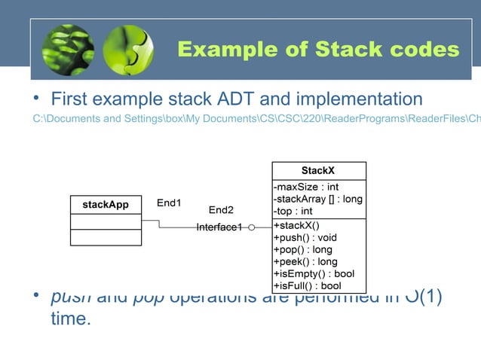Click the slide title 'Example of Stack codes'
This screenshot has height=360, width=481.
pyautogui.click(x=317, y=50)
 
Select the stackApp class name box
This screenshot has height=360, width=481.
pyautogui.click(x=106, y=205)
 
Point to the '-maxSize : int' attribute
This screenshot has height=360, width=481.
pyautogui.click(x=305, y=186)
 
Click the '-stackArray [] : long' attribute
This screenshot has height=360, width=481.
pyautogui.click(x=317, y=199)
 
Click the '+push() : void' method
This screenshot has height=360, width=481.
pyautogui.click(x=305, y=237)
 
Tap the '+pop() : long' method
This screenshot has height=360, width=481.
pyautogui.click(x=302, y=249)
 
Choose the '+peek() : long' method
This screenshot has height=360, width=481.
pyautogui.click(x=305, y=261)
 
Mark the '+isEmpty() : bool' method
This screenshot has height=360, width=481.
pyautogui.click(x=313, y=273)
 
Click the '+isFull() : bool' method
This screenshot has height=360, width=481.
pyautogui.click(x=307, y=285)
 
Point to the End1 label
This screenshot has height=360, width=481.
pyautogui.click(x=169, y=203)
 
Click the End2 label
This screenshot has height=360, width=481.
pyautogui.click(x=221, y=210)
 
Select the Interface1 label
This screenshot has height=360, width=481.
pyautogui.click(x=219, y=227)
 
